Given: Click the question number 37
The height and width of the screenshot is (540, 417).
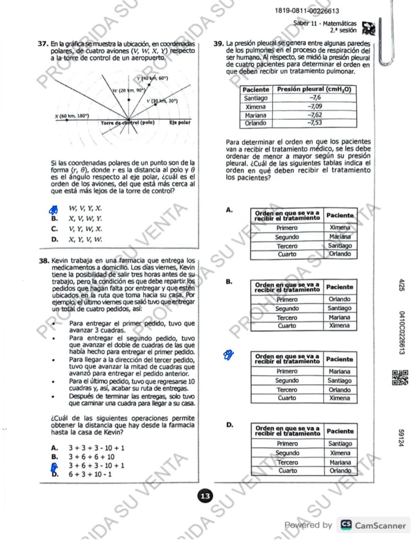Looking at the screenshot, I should [43, 44].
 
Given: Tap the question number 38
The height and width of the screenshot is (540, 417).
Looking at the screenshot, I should [44, 261].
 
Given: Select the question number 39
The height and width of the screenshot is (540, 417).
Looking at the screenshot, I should [219, 44].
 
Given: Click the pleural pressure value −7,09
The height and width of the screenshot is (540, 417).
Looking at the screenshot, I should [315, 106].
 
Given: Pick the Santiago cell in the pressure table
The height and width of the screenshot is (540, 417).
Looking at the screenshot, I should [256, 98].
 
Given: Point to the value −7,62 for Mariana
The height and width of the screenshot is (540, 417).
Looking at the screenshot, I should [315, 115].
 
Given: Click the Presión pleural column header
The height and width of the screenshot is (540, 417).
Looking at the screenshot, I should [314, 89].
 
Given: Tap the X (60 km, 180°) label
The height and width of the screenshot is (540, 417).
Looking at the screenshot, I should [72, 116].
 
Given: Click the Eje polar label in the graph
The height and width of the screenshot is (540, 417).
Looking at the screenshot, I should [180, 123].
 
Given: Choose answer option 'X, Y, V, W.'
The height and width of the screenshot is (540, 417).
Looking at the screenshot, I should [85, 240].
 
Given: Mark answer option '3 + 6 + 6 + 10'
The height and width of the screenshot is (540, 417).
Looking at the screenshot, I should [92, 457].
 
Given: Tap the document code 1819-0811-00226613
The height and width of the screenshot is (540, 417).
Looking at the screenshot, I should [307, 11].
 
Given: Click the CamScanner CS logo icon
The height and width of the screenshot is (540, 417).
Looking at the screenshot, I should [346, 525].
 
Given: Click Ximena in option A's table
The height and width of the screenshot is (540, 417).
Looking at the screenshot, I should [340, 228].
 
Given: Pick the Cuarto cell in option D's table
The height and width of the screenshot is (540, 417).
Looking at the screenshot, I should [288, 471].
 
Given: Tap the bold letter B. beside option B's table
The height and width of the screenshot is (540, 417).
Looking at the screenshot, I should [229, 282].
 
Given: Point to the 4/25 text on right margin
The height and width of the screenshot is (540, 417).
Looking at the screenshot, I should [402, 285].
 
